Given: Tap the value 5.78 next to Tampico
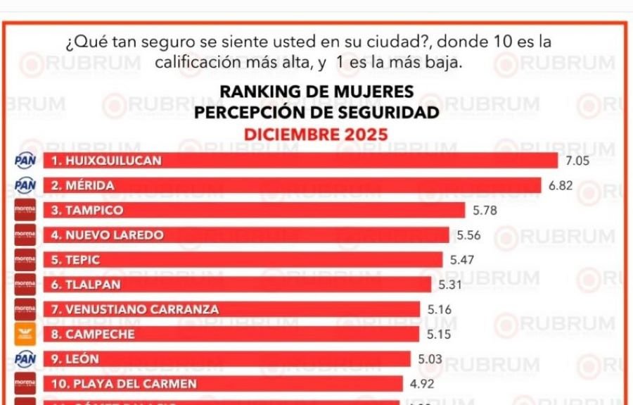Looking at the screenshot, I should click(x=485, y=211).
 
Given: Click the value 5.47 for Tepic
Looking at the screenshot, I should click(x=462, y=260).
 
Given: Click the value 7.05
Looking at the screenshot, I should click(x=577, y=161).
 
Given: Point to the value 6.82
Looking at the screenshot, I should click(x=561, y=186).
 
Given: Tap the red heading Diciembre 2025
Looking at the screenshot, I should click(x=316, y=134).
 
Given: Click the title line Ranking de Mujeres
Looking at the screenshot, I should click(x=316, y=92).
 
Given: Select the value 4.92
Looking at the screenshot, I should click(x=423, y=385).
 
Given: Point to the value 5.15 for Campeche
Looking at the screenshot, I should click(x=439, y=335).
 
